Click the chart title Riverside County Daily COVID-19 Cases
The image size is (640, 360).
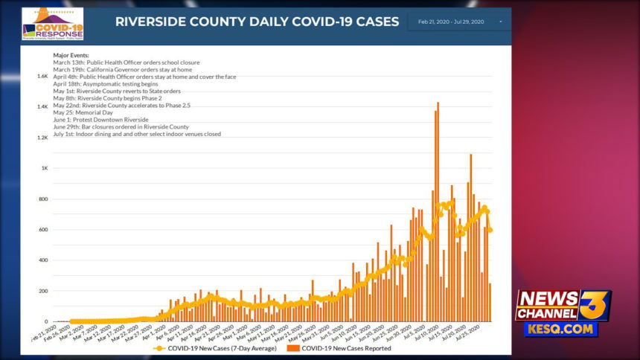point(257,22)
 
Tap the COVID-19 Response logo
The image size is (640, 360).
point(52,24)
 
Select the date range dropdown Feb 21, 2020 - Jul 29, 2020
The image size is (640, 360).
point(456,22)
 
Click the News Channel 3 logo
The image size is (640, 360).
point(563,305)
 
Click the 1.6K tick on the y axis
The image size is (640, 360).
point(42,76)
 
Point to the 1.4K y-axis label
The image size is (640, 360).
point(42,107)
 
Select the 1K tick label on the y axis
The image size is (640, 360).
point(45,169)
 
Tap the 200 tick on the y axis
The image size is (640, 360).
point(43,292)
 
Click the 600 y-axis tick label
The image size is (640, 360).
point(43,230)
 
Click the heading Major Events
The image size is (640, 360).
point(71,55)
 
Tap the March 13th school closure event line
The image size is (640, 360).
point(126,62)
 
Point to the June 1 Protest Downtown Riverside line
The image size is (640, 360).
point(100,120)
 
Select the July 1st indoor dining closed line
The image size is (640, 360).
point(137,134)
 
